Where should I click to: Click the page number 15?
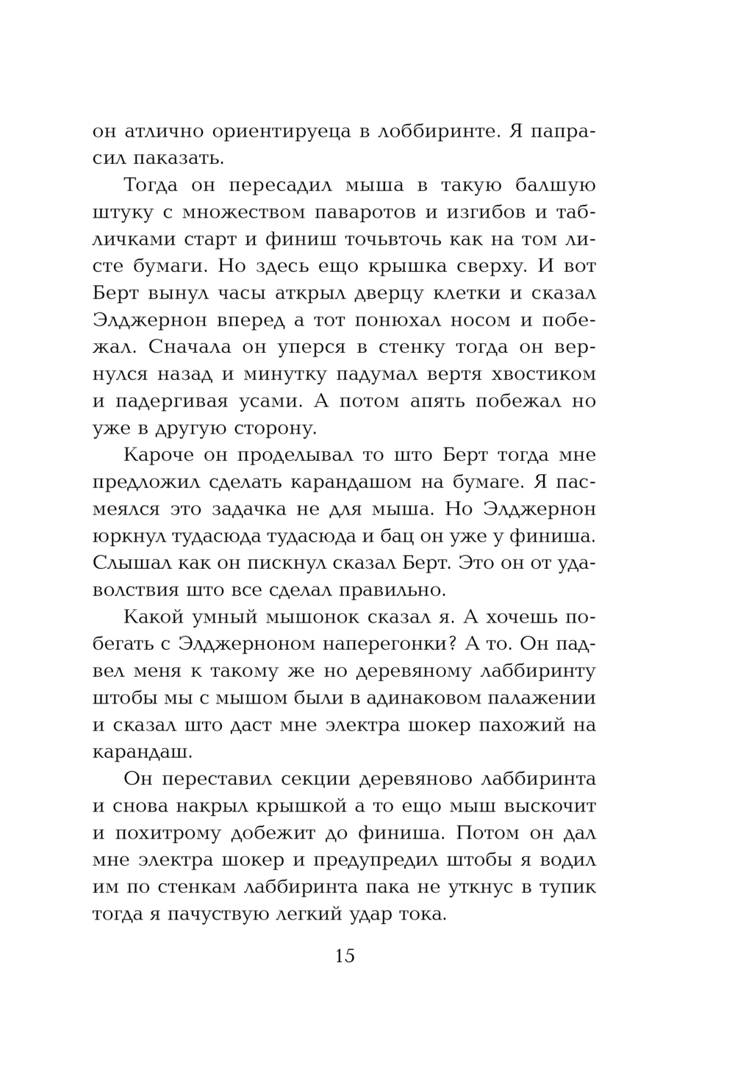point(345,956)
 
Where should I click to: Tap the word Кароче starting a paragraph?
point(160,455)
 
